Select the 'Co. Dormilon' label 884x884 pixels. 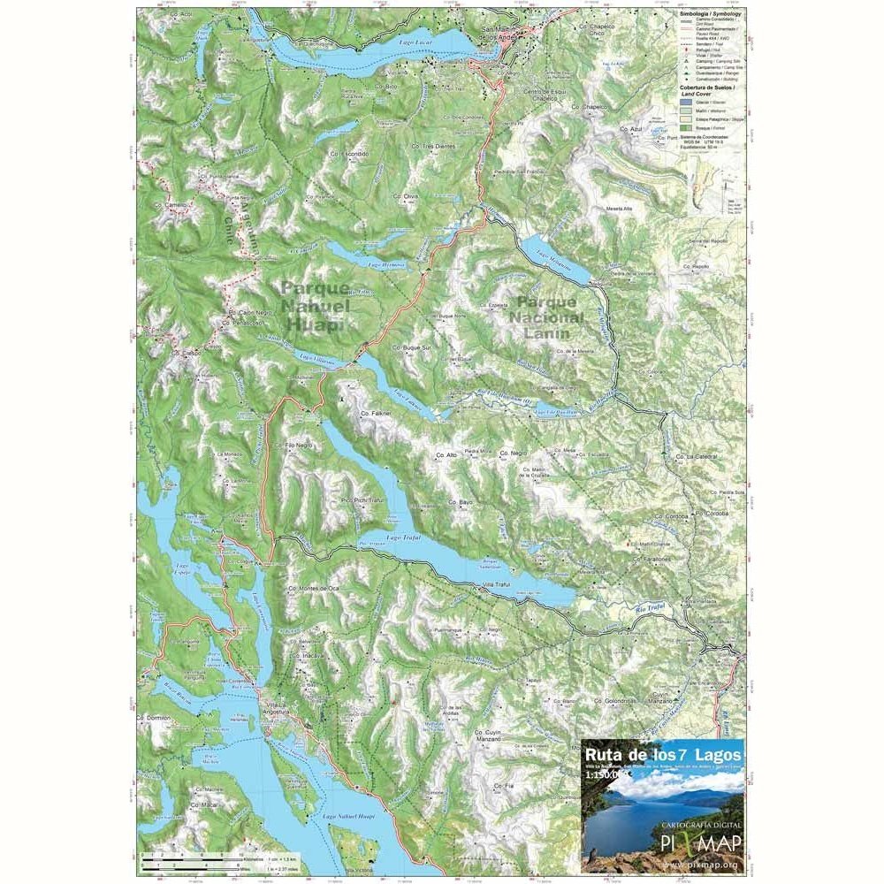[x=154, y=718]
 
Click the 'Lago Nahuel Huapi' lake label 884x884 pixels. [x=349, y=816]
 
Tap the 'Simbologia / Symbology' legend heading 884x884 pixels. [x=711, y=15]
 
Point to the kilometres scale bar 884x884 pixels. [x=190, y=855]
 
